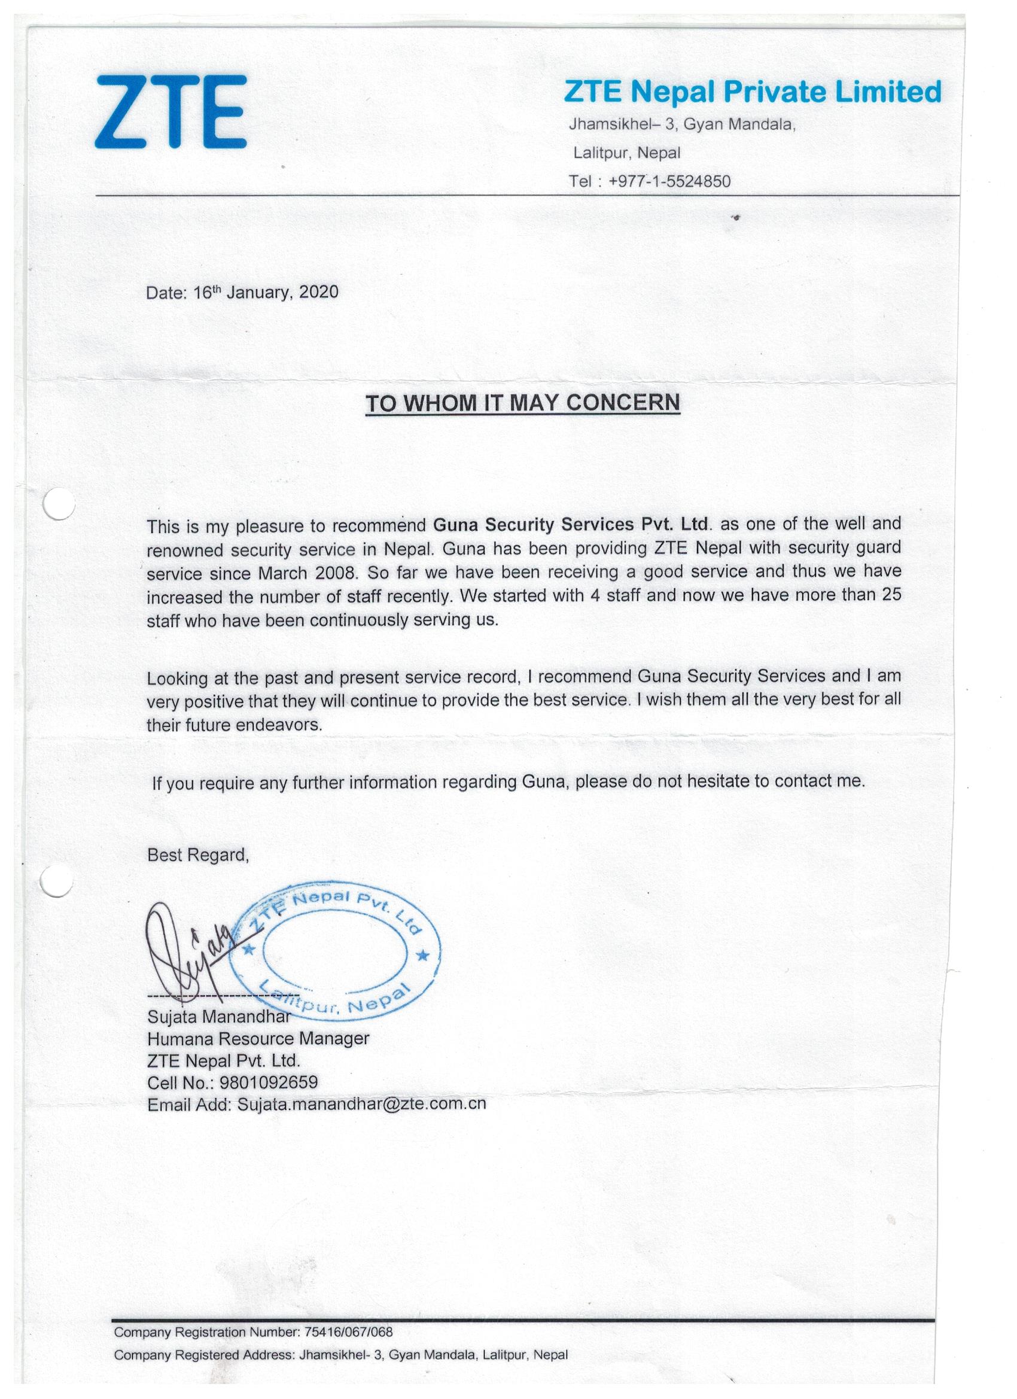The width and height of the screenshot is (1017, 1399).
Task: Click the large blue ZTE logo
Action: (x=171, y=112)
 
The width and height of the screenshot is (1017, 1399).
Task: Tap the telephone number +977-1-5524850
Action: (x=669, y=181)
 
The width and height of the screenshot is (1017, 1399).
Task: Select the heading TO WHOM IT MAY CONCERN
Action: (x=522, y=403)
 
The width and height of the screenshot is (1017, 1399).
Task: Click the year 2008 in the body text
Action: (x=335, y=573)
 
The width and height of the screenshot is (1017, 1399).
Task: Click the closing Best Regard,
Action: (x=198, y=855)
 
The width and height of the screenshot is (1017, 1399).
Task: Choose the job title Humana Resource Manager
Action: (x=258, y=1039)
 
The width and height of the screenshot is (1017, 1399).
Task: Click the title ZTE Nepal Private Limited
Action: (x=753, y=92)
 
